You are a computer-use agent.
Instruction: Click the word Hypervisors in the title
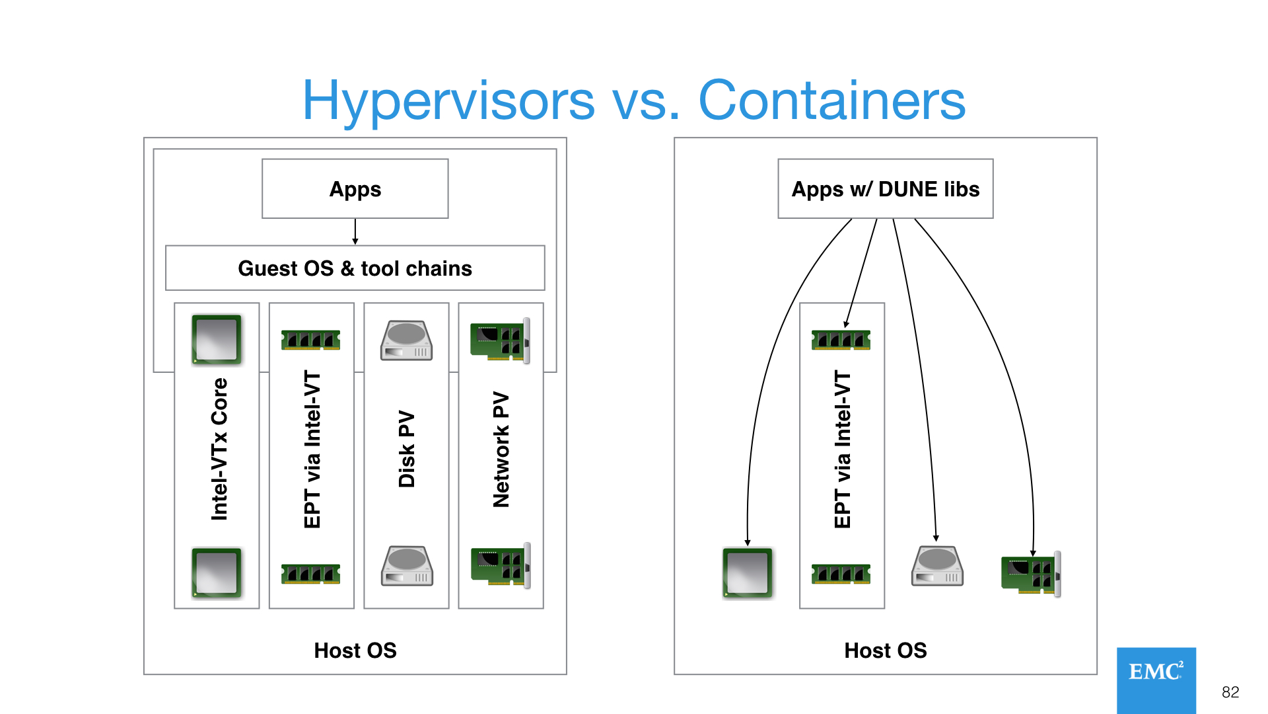click(448, 100)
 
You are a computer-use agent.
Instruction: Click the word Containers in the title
click(831, 100)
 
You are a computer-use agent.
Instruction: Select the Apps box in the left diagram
click(355, 189)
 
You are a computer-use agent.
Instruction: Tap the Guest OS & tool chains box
click(355, 268)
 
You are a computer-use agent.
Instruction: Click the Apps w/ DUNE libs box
click(885, 189)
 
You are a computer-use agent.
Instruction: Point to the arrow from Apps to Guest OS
click(355, 231)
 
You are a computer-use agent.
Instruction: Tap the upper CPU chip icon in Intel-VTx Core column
click(217, 339)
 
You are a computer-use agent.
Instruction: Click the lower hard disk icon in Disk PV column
click(407, 566)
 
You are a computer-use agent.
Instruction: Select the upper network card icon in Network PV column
click(500, 340)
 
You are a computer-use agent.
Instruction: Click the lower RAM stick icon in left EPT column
click(310, 574)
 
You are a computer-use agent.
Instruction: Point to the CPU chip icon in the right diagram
click(748, 573)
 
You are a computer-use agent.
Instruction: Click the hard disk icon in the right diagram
click(937, 566)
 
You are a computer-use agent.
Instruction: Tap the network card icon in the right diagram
click(1031, 574)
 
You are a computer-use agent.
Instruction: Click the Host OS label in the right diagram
click(885, 651)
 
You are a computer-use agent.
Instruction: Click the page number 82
click(1230, 692)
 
